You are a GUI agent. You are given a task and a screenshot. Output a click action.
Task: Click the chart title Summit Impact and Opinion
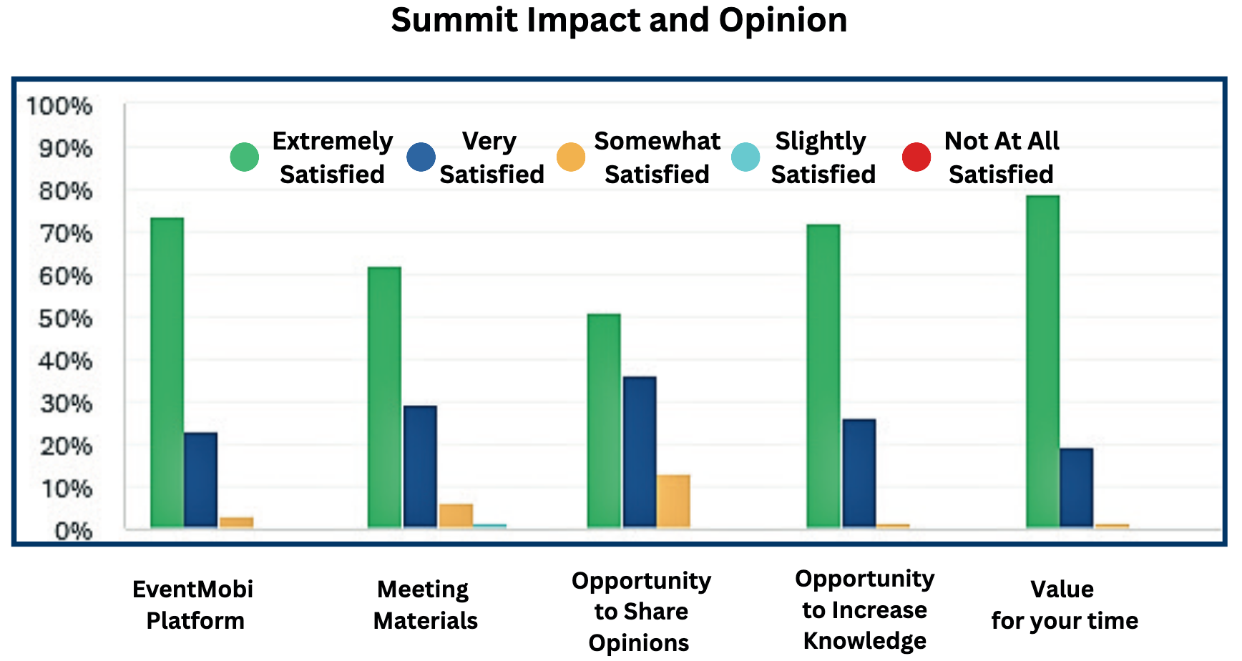point(619,20)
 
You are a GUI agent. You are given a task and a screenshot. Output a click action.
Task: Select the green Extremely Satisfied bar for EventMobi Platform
point(167,372)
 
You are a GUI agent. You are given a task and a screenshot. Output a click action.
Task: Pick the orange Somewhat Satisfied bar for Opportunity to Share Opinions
point(673,501)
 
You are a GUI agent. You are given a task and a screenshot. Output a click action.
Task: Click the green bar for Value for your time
point(1042,361)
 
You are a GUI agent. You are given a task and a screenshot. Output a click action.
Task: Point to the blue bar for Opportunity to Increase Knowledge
point(859,473)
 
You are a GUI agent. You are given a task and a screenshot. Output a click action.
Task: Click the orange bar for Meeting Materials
point(456,516)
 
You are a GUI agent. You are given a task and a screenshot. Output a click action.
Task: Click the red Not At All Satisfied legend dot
point(916,157)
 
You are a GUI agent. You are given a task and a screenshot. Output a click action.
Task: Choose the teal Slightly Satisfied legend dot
point(745,157)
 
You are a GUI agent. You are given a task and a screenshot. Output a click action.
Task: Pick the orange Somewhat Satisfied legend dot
point(571,157)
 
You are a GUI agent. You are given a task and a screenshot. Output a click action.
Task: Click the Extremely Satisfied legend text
point(332,157)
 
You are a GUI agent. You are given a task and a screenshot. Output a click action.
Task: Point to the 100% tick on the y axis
point(59,107)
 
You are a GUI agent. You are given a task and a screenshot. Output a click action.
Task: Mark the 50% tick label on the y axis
point(65,318)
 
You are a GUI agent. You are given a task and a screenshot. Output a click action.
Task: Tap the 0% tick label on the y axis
point(73,531)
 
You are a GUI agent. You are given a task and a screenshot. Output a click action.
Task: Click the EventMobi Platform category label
point(194,604)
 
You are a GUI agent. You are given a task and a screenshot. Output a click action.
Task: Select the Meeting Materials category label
point(425,604)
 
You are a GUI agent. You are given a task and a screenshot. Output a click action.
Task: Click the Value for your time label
point(1064,604)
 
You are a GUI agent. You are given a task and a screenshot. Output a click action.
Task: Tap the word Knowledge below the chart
point(864,641)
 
